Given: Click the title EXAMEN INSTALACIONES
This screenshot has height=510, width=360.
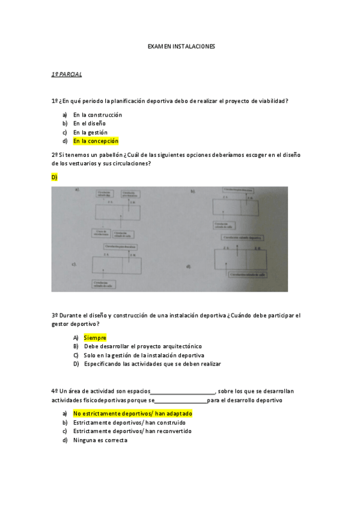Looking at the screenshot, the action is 181,46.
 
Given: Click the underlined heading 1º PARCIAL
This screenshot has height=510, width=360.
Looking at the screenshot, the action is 66,74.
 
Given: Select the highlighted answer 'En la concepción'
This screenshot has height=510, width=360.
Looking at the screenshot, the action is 96,141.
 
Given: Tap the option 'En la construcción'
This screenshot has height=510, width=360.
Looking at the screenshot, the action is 97,114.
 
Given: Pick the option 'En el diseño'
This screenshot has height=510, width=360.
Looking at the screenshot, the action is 89,123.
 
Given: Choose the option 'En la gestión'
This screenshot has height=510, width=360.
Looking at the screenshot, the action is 90,132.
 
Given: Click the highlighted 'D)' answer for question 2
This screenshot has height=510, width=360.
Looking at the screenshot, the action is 54,177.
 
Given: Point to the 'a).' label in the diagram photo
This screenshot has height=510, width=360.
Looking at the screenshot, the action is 78,190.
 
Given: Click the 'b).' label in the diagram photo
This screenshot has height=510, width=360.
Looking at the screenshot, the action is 194,191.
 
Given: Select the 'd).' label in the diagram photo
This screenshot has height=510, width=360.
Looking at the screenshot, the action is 189,266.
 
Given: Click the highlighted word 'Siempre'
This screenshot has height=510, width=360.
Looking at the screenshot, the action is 95,338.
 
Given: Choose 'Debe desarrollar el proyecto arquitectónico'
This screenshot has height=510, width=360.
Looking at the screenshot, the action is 143,346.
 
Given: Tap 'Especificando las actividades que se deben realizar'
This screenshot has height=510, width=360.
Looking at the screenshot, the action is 152,364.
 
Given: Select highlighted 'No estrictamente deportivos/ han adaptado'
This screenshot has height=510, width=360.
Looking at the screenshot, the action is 132,414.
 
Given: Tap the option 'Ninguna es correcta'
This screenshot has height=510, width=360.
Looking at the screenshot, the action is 100,440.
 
